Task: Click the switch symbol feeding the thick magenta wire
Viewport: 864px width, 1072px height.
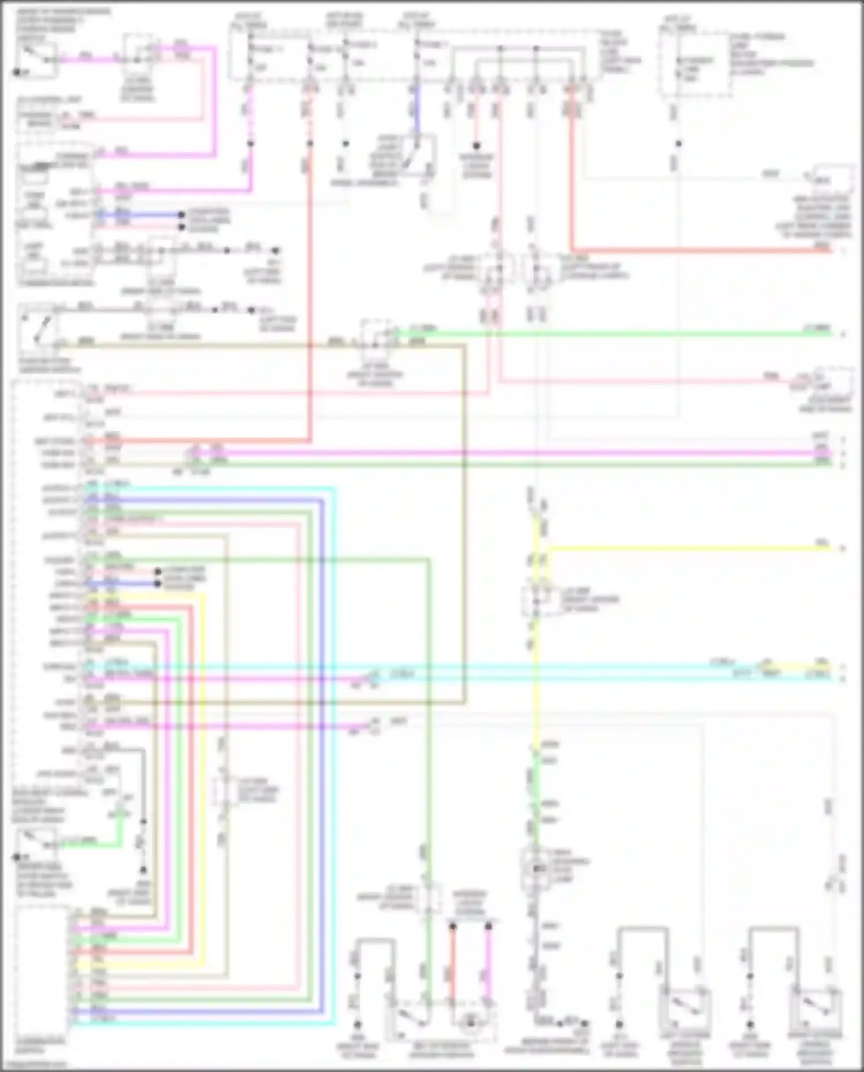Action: [36, 58]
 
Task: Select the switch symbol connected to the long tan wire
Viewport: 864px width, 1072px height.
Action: [38, 331]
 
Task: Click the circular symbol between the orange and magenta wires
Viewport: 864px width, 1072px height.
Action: [471, 1022]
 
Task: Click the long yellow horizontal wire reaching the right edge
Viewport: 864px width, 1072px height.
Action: [685, 548]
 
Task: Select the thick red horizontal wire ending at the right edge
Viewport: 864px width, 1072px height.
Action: [703, 251]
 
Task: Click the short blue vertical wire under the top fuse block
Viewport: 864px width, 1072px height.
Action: [416, 109]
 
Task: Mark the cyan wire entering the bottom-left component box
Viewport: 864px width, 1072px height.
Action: [202, 1024]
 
